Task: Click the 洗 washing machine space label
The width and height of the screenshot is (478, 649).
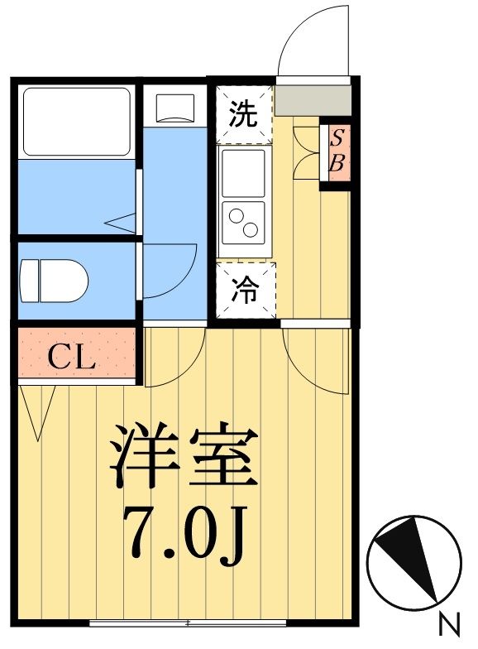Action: point(244,115)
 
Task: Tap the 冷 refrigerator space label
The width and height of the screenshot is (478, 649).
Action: point(244,290)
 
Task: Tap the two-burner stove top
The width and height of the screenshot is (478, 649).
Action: point(243,221)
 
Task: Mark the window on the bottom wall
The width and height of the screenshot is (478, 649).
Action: point(188,622)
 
